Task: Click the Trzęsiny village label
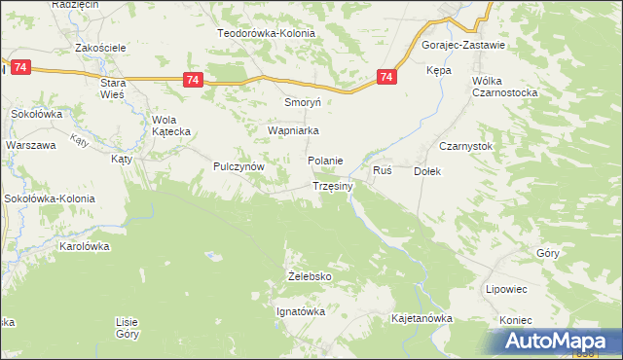click(x=339, y=186)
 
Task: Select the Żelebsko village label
click(x=311, y=276)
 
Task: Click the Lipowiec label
click(x=506, y=289)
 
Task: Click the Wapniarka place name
click(x=295, y=129)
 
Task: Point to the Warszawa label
click(x=31, y=145)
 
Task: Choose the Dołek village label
click(x=428, y=171)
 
